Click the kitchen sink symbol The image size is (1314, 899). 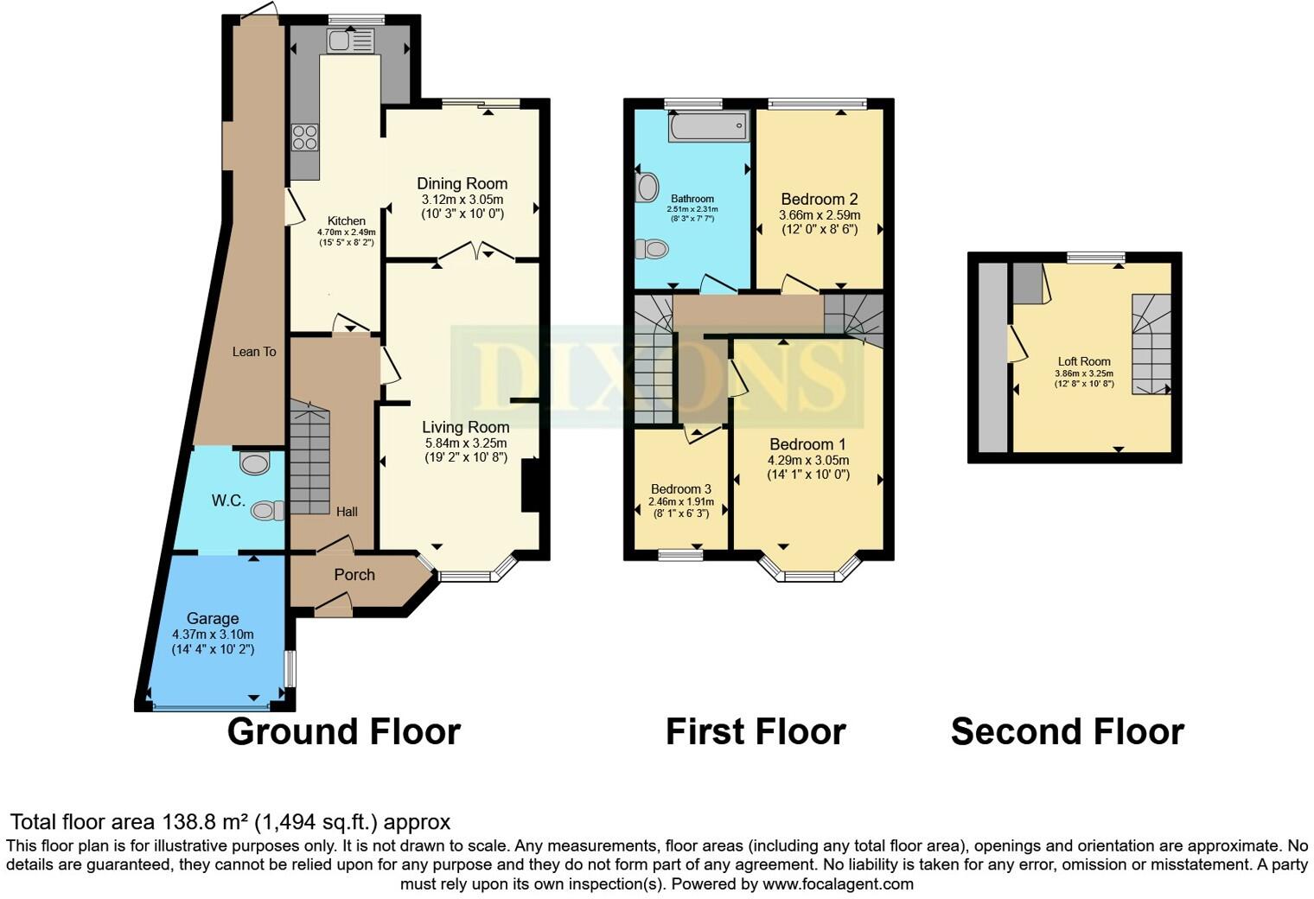[x=350, y=41]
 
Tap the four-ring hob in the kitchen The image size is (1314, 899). [x=304, y=137]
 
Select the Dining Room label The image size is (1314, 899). [x=462, y=183]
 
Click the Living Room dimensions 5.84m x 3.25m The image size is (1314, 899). [x=465, y=443]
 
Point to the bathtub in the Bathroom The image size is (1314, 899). [x=707, y=128]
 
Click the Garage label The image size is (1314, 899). [x=213, y=618]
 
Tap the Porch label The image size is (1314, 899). [x=354, y=575]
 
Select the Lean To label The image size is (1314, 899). [x=254, y=352]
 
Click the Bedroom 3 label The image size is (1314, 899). [x=681, y=488]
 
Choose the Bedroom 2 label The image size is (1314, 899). [x=819, y=199]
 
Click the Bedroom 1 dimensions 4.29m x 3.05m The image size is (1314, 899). [x=808, y=460]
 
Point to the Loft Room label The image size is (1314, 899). [x=1084, y=361]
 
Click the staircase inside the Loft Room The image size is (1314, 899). [x=1151, y=344]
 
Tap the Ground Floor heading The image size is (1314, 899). [x=343, y=731]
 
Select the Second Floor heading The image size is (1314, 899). [x=1067, y=731]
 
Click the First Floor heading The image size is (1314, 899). [x=755, y=731]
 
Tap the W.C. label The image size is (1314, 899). [x=228, y=501]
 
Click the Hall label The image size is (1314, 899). [x=347, y=512]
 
